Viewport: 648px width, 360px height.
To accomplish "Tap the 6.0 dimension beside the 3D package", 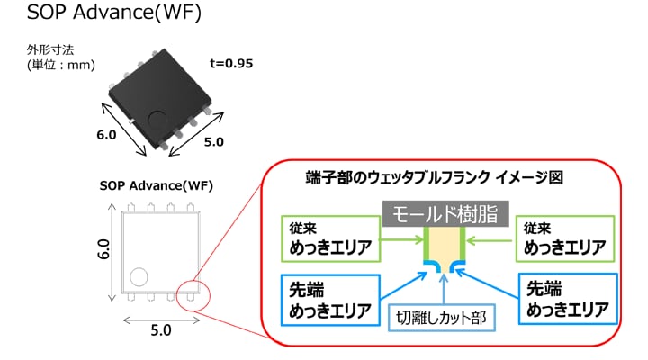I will tap(106, 136).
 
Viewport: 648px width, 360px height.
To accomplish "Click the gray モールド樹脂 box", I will tap(445, 214).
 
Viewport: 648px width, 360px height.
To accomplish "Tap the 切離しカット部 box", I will tap(444, 317).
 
